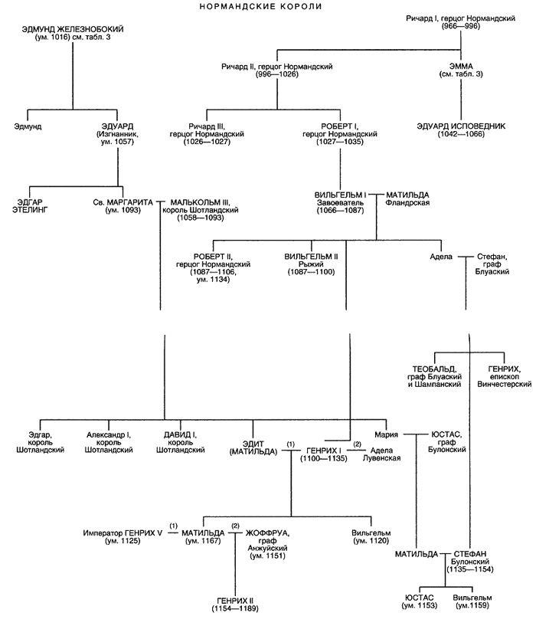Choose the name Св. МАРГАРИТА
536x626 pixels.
(123, 202)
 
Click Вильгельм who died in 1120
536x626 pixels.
(371, 532)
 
